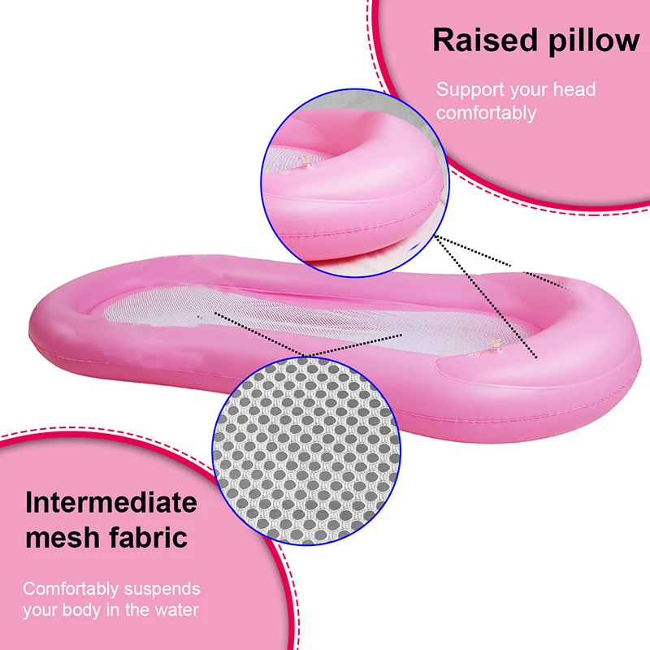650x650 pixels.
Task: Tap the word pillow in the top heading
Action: (x=586, y=41)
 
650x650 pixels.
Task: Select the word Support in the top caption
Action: (x=469, y=89)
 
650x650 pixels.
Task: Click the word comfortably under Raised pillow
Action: (x=486, y=112)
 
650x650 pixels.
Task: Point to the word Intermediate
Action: (x=110, y=502)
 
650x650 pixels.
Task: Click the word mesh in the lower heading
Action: (x=60, y=536)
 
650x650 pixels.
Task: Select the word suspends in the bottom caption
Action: (x=159, y=588)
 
